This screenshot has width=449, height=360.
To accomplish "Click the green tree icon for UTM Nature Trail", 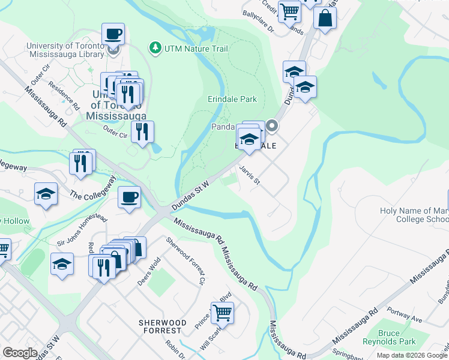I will coord(155,47).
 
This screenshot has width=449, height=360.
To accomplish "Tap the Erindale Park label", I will coord(232,99).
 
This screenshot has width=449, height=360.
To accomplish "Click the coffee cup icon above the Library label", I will coord(113,35).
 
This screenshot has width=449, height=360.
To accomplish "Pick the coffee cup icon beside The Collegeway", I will coord(129,197).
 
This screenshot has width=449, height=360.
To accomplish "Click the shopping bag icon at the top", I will coord(325,18).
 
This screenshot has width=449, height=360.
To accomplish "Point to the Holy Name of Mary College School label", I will coord(414,215).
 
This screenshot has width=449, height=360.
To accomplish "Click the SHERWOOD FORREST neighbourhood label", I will coord(160,326).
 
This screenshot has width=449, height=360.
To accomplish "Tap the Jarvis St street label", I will coord(249,176).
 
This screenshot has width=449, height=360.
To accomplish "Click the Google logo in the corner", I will coord(20,353).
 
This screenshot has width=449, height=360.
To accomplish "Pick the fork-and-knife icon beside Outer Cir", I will coord(142,132).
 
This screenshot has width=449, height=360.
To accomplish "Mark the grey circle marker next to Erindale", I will coord(272,126).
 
